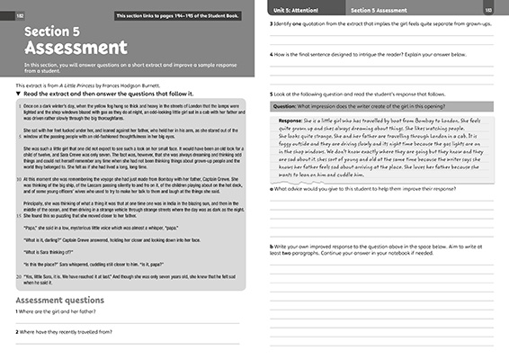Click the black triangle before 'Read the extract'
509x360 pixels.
pyautogui.click(x=19, y=93)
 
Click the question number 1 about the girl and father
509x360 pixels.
pyautogui.click(x=18, y=311)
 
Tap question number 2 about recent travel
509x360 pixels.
pyautogui.click(x=18, y=331)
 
